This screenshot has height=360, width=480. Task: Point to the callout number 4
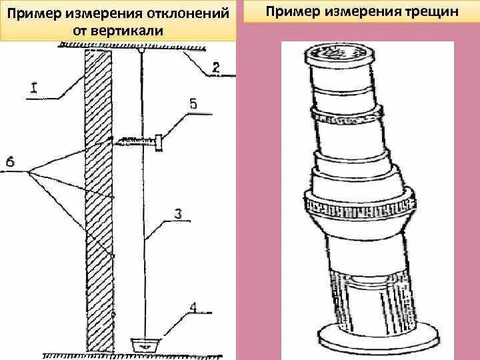[x=193, y=308]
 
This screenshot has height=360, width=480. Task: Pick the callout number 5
[x=193, y=103]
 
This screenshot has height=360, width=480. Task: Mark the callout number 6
[x=9, y=161]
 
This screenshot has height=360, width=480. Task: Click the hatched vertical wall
[x=98, y=200]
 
